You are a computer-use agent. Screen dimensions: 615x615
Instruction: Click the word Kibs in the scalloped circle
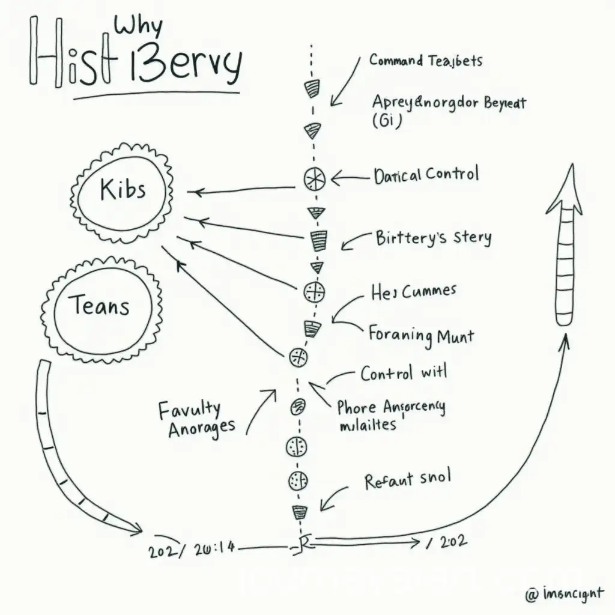coord(123,189)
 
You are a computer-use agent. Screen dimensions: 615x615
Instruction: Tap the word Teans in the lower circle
coord(101,307)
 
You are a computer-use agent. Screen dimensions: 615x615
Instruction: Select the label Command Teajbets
coord(426,60)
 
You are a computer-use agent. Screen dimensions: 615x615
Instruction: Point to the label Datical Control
coord(426,175)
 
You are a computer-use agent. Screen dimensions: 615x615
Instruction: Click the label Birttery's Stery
coord(433,238)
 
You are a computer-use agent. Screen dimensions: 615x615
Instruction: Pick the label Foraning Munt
coord(421,334)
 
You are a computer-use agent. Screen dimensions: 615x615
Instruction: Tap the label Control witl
coord(404,373)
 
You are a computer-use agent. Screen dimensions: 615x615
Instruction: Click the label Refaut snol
coord(407,480)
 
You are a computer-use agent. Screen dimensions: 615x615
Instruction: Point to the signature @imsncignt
coord(564,595)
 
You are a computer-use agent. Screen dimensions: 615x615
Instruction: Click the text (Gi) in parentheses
coord(387,120)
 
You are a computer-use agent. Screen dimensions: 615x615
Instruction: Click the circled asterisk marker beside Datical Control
coord(314,178)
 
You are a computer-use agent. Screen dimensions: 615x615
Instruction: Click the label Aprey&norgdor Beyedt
coord(449,102)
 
